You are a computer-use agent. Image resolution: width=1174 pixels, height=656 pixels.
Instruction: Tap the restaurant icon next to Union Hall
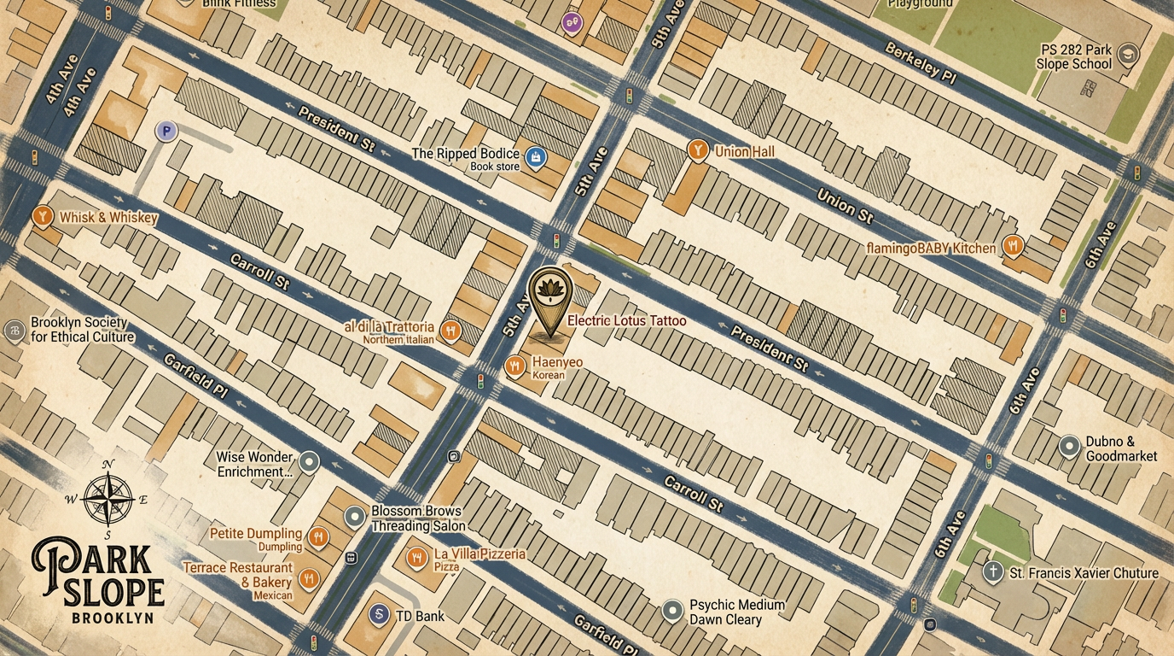pyautogui.click(x=697, y=151)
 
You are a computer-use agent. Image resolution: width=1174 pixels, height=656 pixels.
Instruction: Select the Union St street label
pyautogui.click(x=845, y=206)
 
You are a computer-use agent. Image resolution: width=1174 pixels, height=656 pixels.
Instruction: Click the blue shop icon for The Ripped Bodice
pyautogui.click(x=535, y=157)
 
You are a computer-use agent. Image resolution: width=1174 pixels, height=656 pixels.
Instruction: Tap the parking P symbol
pyautogui.click(x=166, y=131)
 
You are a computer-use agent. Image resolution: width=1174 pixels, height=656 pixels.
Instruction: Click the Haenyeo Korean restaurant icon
pyautogui.click(x=514, y=367)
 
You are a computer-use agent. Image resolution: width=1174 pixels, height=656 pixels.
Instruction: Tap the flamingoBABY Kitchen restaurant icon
pyautogui.click(x=1013, y=246)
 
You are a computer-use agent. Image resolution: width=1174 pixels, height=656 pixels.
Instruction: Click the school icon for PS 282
pyautogui.click(x=1128, y=55)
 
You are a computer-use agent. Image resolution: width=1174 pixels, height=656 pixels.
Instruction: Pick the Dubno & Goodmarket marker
pyautogui.click(x=1069, y=445)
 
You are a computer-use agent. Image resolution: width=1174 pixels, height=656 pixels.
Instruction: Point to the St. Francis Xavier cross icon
pyautogui.click(x=992, y=571)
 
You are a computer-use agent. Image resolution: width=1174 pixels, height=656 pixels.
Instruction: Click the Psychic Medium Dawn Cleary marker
pyautogui.click(x=673, y=610)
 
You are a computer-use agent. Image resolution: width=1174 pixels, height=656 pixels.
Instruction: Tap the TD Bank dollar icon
pyautogui.click(x=379, y=614)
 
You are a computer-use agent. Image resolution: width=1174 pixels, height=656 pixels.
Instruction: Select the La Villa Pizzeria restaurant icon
pyautogui.click(x=416, y=558)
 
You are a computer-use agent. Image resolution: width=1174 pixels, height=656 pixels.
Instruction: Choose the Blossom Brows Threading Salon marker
pyautogui.click(x=355, y=517)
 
